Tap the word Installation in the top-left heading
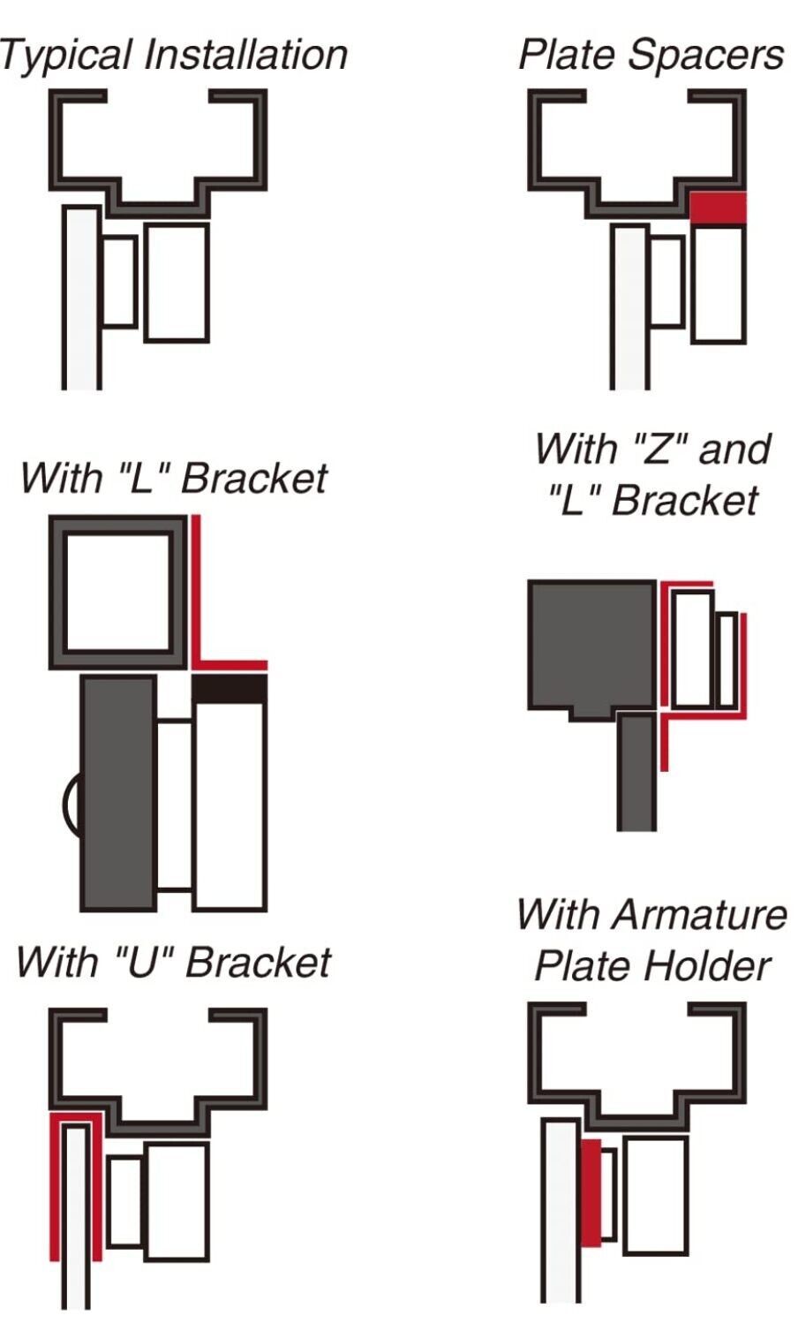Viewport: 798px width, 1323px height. (245, 55)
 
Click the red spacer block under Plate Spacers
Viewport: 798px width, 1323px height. (719, 208)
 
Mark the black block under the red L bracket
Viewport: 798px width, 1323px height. (230, 689)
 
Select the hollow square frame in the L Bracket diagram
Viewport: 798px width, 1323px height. (58, 593)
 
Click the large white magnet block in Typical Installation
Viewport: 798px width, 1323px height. (177, 283)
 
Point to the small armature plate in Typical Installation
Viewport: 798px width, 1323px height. (120, 281)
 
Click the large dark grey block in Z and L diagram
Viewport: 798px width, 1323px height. (592, 647)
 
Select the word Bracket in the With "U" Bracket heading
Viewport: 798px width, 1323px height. (258, 962)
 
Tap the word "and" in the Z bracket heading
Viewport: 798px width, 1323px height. (734, 449)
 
